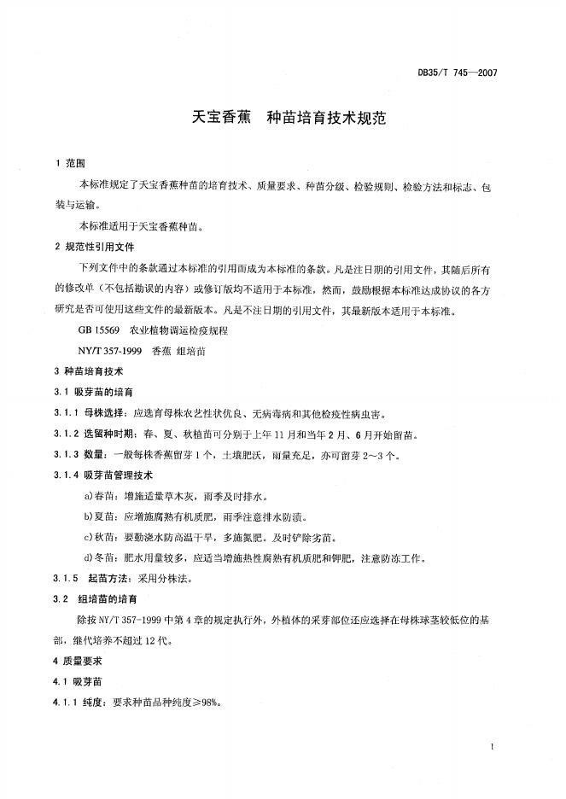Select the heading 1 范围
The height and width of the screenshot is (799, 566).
(x=69, y=163)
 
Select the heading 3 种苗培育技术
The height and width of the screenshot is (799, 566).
(x=88, y=372)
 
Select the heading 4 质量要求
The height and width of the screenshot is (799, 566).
(x=78, y=662)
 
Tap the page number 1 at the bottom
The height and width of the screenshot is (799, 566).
(x=494, y=747)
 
